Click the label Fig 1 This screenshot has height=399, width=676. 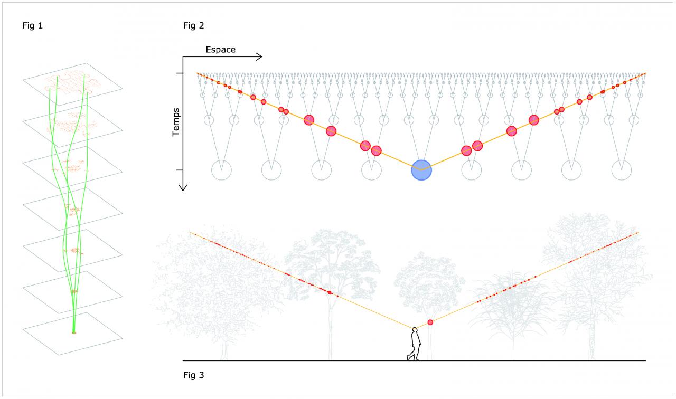(32, 25)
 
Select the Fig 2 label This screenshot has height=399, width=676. (193, 25)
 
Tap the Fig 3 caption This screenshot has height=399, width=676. (193, 375)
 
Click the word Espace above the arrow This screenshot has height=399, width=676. (220, 50)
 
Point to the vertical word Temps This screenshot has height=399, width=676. (176, 122)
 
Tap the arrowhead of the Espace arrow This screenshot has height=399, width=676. (259, 56)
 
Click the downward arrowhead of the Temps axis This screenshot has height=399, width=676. (183, 186)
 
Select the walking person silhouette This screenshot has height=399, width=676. (414, 344)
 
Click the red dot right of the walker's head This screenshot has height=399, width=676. (430, 322)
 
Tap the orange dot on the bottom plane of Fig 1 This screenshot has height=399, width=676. (74, 332)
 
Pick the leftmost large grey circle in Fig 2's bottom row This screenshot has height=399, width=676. (221, 170)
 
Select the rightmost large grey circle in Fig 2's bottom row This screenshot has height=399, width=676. (622, 170)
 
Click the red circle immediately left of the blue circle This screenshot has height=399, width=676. (376, 150)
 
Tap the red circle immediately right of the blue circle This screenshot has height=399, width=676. (466, 150)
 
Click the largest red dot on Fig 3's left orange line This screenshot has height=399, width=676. (330, 292)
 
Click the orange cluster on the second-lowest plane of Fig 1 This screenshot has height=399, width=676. (74, 291)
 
